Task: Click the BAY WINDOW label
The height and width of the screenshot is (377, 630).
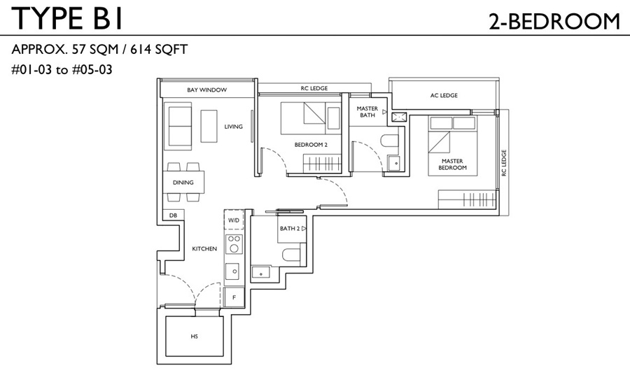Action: pyautogui.click(x=207, y=90)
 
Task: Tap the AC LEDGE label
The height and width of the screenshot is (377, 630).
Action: pyautogui.click(x=444, y=96)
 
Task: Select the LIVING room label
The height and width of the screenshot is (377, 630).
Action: pyautogui.click(x=233, y=127)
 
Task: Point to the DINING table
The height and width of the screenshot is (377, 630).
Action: pyautogui.click(x=183, y=183)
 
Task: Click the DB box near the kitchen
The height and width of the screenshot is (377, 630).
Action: pyautogui.click(x=173, y=215)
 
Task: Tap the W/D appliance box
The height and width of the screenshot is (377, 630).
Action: pyautogui.click(x=234, y=220)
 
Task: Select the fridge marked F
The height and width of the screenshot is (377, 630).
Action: pyautogui.click(x=234, y=297)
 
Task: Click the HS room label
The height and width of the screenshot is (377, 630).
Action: pyautogui.click(x=195, y=336)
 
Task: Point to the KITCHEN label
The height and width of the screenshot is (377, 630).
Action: pyautogui.click(x=204, y=249)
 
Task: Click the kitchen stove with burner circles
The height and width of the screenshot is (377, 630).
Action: pyautogui.click(x=234, y=243)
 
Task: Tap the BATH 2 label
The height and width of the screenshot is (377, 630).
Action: pyautogui.click(x=290, y=229)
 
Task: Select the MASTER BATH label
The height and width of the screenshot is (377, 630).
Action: pyautogui.click(x=367, y=112)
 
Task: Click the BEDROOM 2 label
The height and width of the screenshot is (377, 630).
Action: pyautogui.click(x=311, y=145)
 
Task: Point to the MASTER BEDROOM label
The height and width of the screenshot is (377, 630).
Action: pyautogui.click(x=452, y=164)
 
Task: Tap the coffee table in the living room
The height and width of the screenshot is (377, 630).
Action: pyautogui.click(x=209, y=126)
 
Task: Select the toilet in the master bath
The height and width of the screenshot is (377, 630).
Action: pyautogui.click(x=389, y=141)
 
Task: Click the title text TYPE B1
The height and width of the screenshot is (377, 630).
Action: pyautogui.click(x=66, y=18)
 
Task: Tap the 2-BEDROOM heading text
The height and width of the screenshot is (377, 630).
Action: pyautogui.click(x=554, y=21)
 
